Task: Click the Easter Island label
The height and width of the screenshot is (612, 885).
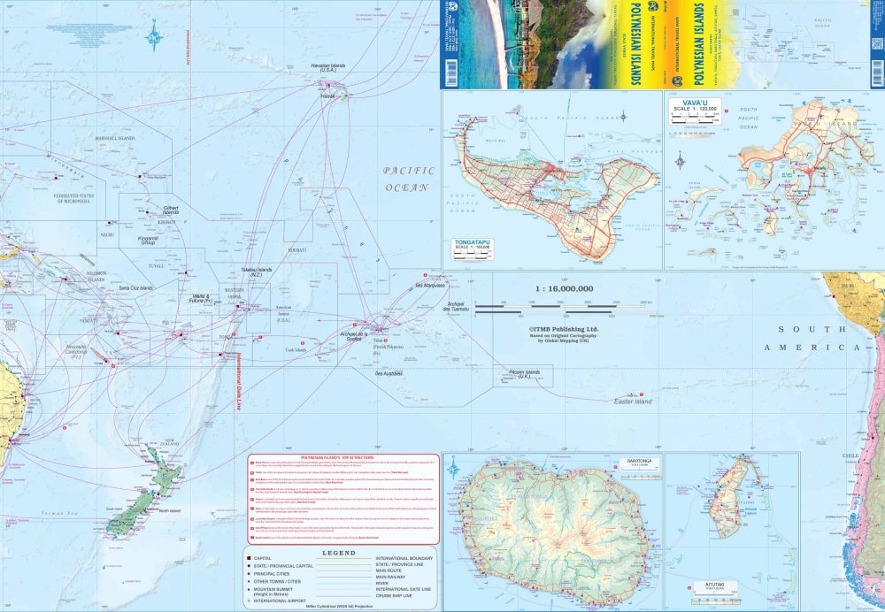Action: point(633,402)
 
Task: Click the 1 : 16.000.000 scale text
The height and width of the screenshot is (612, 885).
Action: point(564,288)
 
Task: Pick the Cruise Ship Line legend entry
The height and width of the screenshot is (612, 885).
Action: point(404,595)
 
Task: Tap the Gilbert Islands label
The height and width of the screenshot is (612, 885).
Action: point(170,211)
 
